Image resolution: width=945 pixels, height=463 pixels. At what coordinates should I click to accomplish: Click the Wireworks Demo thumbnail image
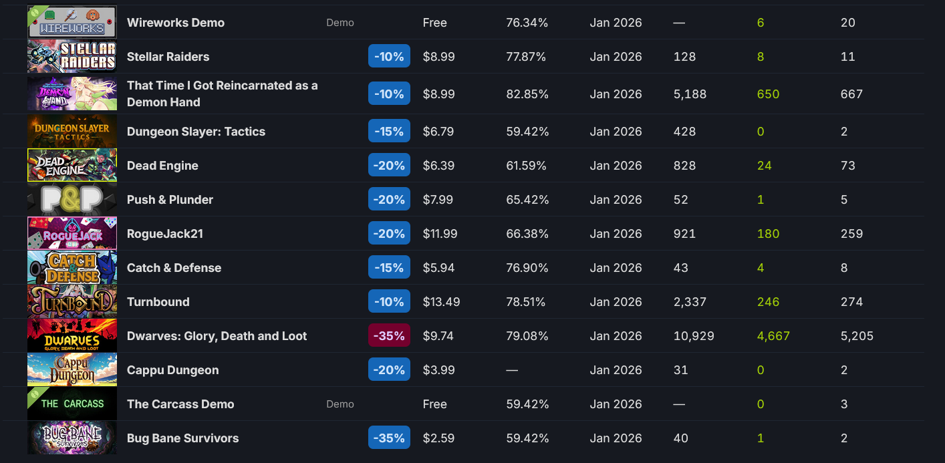(72, 22)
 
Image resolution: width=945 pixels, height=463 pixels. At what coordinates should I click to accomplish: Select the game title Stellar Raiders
(168, 57)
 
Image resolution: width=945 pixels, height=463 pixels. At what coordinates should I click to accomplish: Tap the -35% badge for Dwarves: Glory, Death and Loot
(389, 336)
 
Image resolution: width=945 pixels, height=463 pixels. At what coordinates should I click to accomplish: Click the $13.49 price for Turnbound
(441, 302)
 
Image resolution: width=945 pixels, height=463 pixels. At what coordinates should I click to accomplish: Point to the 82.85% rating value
(527, 94)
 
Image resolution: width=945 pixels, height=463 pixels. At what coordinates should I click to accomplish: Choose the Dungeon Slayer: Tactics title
(196, 132)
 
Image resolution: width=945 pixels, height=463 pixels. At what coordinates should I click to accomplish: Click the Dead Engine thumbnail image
(72, 165)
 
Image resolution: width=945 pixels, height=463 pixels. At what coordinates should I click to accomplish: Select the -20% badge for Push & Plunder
(389, 200)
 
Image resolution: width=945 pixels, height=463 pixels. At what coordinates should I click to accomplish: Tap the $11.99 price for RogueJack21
(440, 234)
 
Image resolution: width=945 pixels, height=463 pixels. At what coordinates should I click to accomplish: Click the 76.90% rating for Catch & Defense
(527, 268)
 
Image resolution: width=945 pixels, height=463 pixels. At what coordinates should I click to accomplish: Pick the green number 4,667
(773, 336)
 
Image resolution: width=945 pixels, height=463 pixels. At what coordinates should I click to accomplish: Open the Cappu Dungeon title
(172, 370)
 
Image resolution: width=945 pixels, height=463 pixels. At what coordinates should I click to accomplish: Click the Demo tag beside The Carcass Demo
(340, 404)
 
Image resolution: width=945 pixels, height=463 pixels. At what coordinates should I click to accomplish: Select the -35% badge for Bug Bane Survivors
(389, 438)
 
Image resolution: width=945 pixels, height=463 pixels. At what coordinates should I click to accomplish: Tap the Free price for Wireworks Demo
(434, 23)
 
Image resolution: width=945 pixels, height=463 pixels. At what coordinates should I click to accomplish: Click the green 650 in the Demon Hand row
(768, 94)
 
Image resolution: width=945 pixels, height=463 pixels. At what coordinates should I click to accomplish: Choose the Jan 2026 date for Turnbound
(616, 302)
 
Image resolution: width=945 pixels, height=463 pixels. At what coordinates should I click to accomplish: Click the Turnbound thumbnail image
(72, 301)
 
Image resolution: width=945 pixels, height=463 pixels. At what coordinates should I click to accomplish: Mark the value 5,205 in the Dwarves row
(857, 336)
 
